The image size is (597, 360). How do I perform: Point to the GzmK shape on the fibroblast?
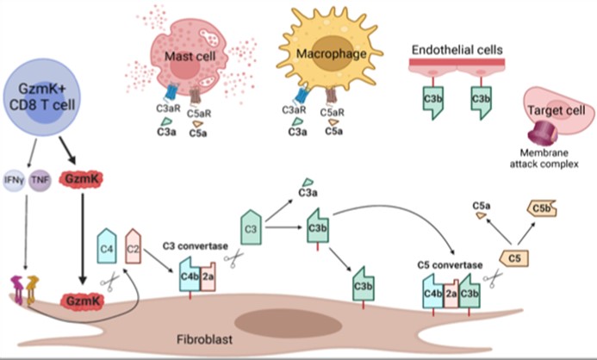click(x=81, y=301)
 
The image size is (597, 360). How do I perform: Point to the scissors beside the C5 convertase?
click(x=494, y=279)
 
